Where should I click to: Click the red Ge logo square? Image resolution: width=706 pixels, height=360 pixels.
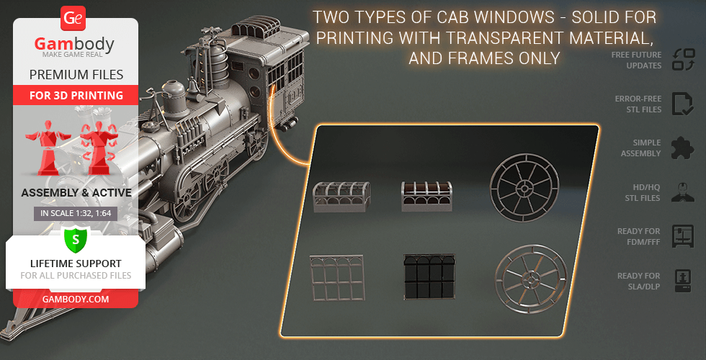coord(73,19)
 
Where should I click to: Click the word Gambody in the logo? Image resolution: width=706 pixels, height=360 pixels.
coord(74,44)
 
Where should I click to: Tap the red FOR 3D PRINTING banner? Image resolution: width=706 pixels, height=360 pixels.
coord(76,95)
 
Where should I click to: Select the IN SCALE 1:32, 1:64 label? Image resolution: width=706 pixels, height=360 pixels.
coord(76,214)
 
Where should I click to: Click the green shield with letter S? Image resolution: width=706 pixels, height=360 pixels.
coord(76,240)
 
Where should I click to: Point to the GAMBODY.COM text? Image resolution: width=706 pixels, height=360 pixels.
coord(76,300)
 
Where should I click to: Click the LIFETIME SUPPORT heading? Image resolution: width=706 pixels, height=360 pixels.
coord(76,264)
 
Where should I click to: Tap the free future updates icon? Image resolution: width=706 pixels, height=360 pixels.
coord(684,60)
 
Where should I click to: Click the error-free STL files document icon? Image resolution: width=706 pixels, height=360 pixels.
coord(683,104)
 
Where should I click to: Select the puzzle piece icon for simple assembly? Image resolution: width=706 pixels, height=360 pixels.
coord(683,148)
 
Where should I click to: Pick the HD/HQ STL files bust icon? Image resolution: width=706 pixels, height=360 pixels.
coord(683,193)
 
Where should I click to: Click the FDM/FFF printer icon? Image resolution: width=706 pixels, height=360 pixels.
coord(683,237)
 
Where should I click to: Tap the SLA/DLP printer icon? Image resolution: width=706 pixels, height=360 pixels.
coord(683,281)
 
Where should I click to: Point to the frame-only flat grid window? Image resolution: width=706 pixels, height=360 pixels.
coord(337,278)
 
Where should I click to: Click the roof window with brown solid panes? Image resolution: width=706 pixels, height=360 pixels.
coord(426,197)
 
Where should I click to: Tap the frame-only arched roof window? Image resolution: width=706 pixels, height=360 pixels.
coord(341,197)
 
